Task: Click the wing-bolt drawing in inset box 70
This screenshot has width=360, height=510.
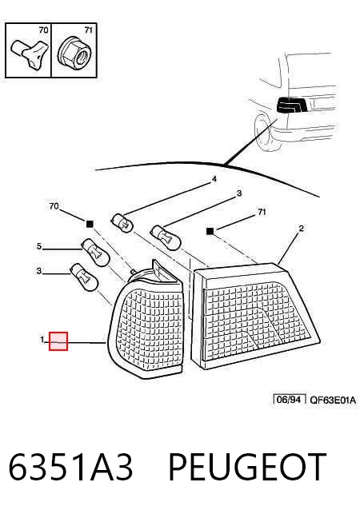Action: click(30, 53)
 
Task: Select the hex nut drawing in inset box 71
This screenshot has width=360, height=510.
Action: click(74, 52)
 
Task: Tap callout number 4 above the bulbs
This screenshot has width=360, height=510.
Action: click(214, 179)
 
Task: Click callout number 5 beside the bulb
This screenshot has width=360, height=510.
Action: click(39, 246)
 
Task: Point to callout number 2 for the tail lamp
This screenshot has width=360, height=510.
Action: click(301, 229)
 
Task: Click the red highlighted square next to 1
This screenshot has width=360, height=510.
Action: click(58, 341)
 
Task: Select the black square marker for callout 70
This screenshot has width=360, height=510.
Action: click(90, 224)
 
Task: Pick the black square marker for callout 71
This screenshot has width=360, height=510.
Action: click(210, 231)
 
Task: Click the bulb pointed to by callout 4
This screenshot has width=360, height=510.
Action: click(122, 222)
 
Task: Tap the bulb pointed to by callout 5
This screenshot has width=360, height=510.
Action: click(95, 252)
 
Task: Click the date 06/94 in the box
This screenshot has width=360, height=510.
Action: click(288, 400)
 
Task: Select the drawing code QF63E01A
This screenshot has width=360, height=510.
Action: click(332, 400)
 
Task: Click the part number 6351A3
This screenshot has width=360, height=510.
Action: click(70, 467)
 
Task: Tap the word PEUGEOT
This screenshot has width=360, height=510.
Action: click(247, 467)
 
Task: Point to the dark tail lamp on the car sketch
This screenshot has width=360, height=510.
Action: click(292, 105)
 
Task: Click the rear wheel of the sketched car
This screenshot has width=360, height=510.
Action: click(266, 133)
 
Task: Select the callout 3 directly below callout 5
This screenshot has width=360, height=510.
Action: click(39, 271)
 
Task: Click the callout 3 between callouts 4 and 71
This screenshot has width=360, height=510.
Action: click(239, 193)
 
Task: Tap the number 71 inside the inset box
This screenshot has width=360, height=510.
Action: click(88, 30)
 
